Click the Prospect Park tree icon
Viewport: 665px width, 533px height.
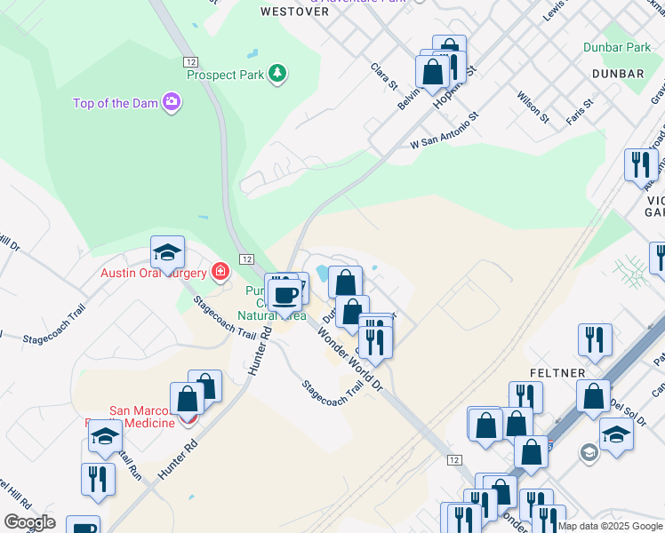(278, 73)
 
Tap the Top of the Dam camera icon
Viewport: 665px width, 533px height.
(171, 103)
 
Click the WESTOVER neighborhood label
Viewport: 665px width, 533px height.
(294, 12)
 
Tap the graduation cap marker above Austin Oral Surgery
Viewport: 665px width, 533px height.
(166, 256)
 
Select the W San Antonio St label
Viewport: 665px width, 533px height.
(445, 130)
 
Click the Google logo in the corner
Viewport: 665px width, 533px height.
(28, 522)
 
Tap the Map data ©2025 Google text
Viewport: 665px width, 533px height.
(610, 526)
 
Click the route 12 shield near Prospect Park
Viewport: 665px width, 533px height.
(191, 61)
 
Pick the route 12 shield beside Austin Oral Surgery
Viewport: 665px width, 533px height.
(246, 258)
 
